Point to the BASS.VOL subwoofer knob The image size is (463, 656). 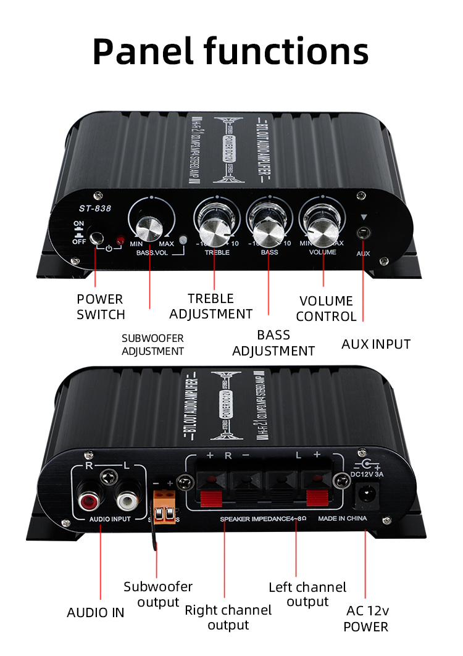(150, 229)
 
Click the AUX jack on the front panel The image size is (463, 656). (364, 233)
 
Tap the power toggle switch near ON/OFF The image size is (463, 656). (96, 238)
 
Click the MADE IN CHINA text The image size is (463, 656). (343, 519)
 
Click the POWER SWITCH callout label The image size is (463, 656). (101, 307)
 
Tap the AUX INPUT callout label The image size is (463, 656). (376, 344)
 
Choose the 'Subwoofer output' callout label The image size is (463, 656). (158, 594)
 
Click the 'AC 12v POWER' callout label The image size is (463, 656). (366, 619)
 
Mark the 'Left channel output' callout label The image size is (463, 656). (307, 594)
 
